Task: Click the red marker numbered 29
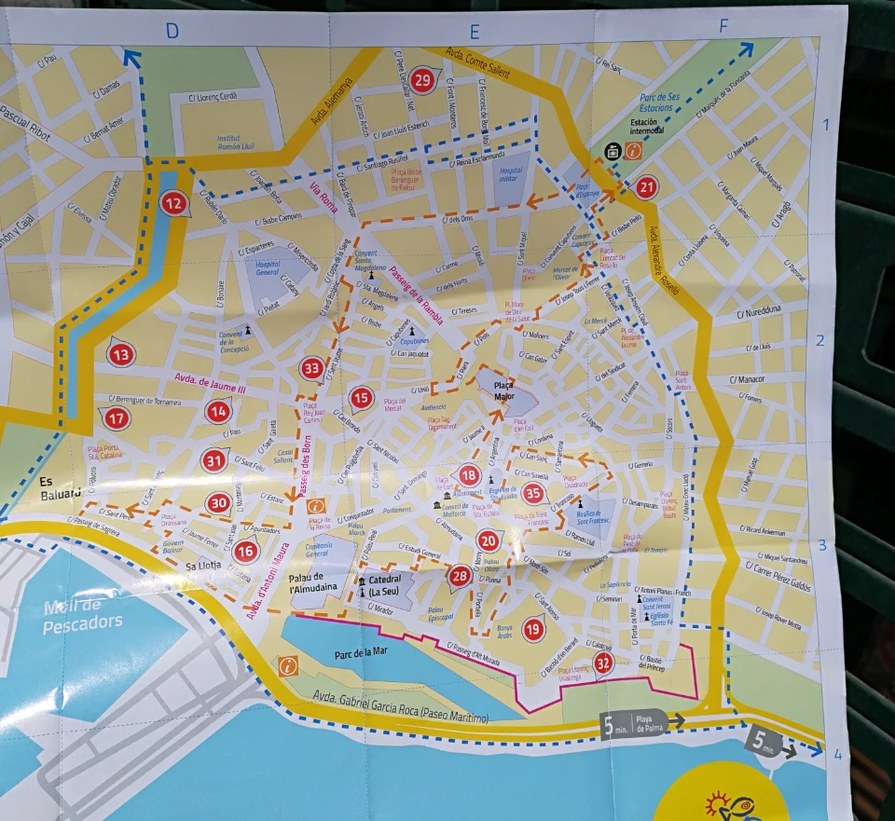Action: click(423, 81)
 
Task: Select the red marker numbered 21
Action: click(647, 187)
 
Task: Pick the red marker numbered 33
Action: click(312, 369)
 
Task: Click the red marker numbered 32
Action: click(604, 664)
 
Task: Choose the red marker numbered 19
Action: click(533, 629)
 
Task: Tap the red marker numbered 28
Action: click(459, 577)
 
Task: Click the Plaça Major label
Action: click(503, 390)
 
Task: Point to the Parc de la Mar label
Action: click(361, 653)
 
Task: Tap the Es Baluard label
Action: click(61, 487)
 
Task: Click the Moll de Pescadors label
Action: click(82, 617)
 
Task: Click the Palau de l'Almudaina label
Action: click(319, 582)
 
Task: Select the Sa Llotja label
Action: click(202, 566)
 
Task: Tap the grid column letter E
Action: click(473, 32)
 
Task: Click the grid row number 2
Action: click(820, 340)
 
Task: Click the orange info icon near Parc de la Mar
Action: click(288, 665)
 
